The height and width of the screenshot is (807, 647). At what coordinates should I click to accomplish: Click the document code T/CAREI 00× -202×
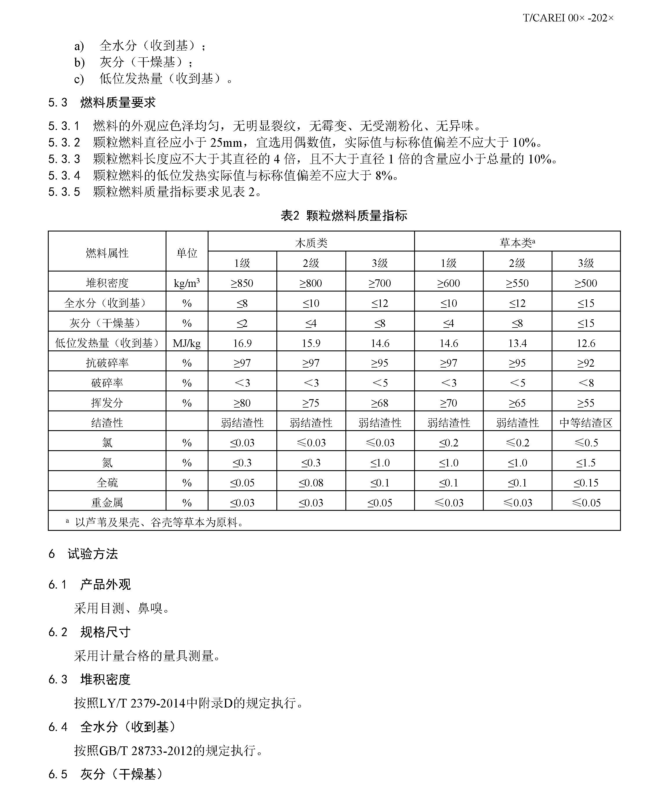[568, 18]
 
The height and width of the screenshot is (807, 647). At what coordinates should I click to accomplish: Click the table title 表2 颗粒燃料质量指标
[344, 216]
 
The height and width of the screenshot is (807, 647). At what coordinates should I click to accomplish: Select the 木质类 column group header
[311, 243]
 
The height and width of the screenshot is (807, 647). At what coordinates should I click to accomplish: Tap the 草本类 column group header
[517, 243]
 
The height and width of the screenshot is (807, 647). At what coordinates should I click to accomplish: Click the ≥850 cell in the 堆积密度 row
[242, 283]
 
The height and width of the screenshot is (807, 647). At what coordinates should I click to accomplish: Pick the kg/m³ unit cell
[187, 283]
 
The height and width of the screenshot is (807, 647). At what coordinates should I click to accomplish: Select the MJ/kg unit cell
[187, 343]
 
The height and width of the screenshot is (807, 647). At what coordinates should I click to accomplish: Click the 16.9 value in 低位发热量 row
[242, 343]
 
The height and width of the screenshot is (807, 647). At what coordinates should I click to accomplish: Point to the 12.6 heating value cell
[586, 343]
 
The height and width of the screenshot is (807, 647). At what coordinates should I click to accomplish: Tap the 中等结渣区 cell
[586, 423]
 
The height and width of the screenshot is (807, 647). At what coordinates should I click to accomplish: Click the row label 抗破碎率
[107, 363]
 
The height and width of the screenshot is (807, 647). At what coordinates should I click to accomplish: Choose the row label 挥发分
[107, 403]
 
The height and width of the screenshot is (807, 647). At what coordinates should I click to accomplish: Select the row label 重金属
[107, 502]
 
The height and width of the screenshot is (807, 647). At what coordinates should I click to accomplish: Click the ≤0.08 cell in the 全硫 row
[311, 482]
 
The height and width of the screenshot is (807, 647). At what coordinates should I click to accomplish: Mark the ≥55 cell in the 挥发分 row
[586, 403]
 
